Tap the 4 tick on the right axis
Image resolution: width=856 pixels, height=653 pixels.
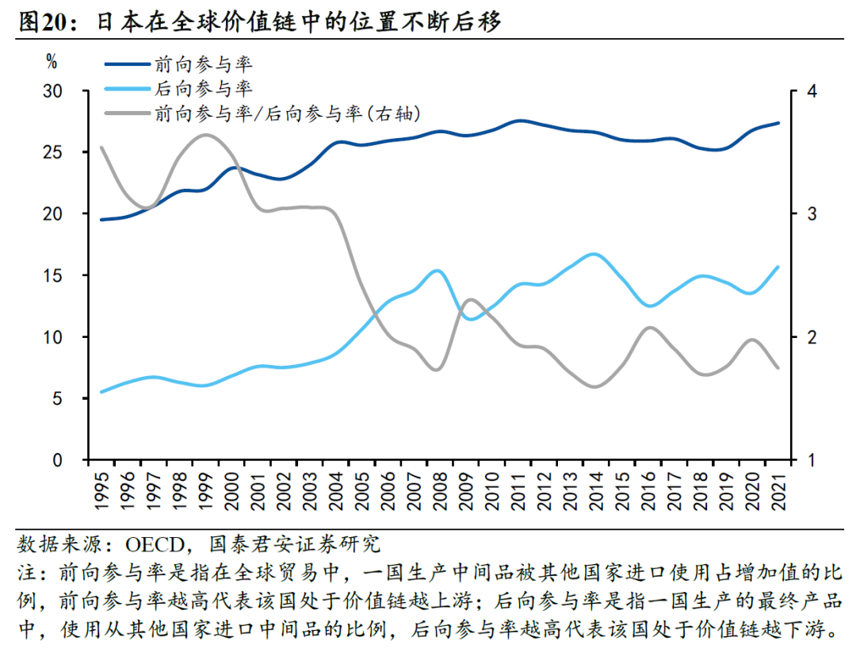[x=810, y=91]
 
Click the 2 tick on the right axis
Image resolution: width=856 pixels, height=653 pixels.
[x=810, y=337]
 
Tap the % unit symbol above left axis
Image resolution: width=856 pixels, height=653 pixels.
[x=52, y=60]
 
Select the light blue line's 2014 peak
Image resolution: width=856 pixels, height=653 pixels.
[x=593, y=255]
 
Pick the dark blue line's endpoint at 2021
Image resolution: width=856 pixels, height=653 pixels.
[x=778, y=123]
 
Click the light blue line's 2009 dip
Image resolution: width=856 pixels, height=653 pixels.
[x=471, y=318]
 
